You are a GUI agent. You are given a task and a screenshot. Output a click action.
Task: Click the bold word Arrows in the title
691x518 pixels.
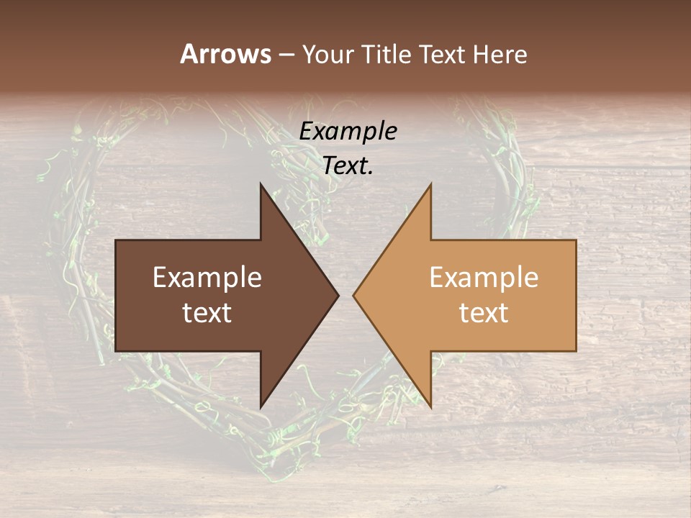click(x=225, y=54)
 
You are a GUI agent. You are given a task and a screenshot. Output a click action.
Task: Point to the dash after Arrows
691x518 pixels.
click(x=286, y=55)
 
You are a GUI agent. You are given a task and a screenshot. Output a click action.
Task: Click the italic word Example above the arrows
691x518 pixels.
click(x=348, y=132)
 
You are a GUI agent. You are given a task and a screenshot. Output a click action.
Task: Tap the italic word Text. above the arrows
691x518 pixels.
click(x=348, y=166)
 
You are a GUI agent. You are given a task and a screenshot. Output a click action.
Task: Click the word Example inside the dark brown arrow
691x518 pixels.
click(x=207, y=278)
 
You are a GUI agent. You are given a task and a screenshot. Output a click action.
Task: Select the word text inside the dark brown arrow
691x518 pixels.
click(x=207, y=313)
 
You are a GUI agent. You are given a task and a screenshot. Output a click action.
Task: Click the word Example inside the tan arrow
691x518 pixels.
click(x=484, y=278)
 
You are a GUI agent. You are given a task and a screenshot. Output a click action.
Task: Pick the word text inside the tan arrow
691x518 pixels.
click(x=484, y=313)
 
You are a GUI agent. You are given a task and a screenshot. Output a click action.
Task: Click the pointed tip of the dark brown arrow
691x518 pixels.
click(x=338, y=295)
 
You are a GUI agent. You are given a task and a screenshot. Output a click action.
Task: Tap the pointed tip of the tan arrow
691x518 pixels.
click(x=353, y=295)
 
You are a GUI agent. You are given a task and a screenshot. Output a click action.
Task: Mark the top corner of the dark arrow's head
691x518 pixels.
click(x=261, y=184)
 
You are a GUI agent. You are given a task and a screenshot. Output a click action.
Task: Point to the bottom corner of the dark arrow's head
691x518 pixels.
click(x=261, y=407)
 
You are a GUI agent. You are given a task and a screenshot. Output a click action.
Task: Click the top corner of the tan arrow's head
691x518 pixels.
click(x=430, y=184)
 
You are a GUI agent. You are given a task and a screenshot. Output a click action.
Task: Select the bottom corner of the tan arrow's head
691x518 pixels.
click(x=430, y=407)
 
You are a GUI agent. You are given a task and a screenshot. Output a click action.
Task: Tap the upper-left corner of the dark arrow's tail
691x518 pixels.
click(x=116, y=240)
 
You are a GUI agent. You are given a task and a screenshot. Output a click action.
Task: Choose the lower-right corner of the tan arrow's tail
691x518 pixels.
click(x=576, y=351)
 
